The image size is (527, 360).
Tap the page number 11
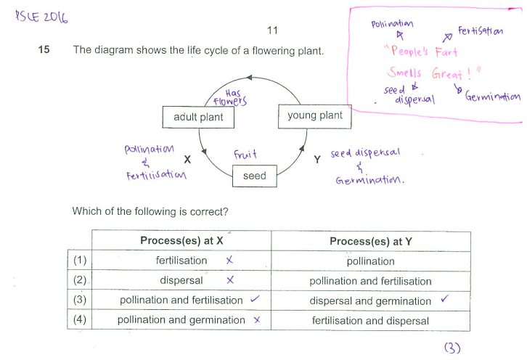272,30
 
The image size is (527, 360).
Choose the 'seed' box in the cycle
254,176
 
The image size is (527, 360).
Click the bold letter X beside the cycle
187,158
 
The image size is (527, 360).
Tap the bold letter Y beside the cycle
317,159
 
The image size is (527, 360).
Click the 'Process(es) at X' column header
181,241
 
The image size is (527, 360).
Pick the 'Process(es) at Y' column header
370,241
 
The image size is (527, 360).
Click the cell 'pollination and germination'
181,320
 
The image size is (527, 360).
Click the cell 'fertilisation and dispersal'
370,320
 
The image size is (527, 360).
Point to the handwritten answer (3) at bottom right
452,348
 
